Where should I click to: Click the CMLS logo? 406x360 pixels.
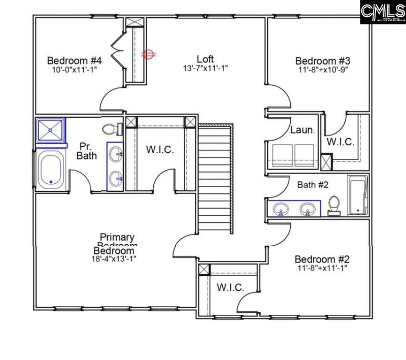point(383,12)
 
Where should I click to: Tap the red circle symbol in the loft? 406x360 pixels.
point(148,54)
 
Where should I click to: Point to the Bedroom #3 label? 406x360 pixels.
point(323,61)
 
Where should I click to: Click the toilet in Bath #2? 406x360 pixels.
point(333,206)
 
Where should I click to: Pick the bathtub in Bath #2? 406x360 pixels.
point(357,194)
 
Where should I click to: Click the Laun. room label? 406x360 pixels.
point(302,130)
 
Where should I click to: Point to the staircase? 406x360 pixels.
point(216,177)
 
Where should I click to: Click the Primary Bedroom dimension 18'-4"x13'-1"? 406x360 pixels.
point(114,258)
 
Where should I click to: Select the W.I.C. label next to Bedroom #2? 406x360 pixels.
point(230,287)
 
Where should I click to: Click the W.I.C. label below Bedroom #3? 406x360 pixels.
point(340,142)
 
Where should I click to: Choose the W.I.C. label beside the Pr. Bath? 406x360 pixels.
point(160,150)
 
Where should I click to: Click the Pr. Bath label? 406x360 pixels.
point(87,151)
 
